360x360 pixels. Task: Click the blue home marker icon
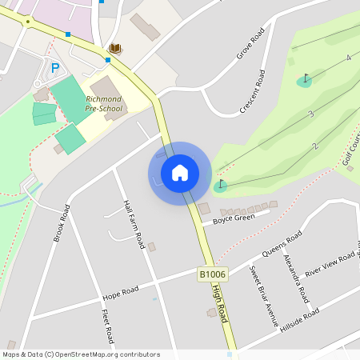point(179,173)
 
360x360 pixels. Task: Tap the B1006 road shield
point(213,274)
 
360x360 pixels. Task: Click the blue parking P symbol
point(55,68)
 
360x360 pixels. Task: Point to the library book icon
point(115,49)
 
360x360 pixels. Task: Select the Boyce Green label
point(234,218)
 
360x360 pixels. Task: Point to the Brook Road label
point(61,223)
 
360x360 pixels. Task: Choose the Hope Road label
point(120,290)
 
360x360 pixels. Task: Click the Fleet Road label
point(107,327)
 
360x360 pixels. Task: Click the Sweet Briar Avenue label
point(263,296)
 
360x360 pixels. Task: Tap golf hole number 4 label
point(349,58)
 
